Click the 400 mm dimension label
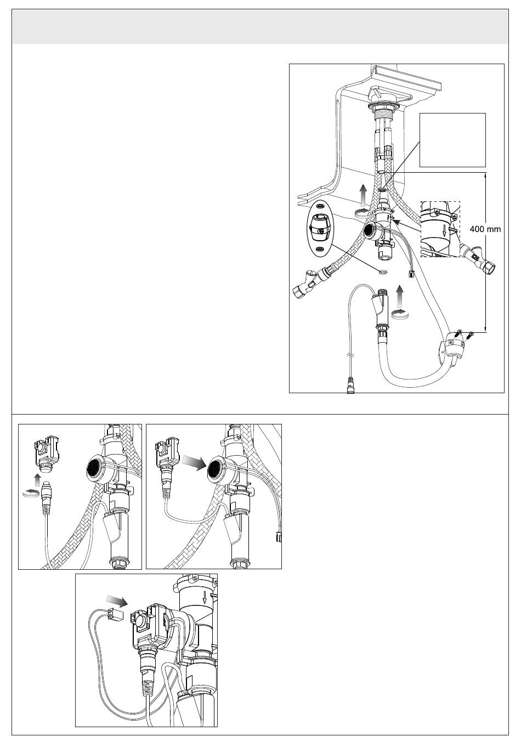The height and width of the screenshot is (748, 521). pyautogui.click(x=485, y=229)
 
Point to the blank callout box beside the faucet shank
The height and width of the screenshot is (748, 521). pyautogui.click(x=452, y=140)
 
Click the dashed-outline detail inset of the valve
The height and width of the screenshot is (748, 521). pyautogui.click(x=440, y=229)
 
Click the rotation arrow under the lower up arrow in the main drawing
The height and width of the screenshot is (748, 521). pyautogui.click(x=399, y=314)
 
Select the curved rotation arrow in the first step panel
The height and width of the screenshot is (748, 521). pyautogui.click(x=30, y=492)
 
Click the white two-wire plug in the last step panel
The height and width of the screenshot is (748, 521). pyautogui.click(x=115, y=613)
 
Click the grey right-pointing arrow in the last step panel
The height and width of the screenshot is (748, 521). pyautogui.click(x=116, y=600)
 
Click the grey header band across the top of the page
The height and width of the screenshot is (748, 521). pyautogui.click(x=260, y=26)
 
